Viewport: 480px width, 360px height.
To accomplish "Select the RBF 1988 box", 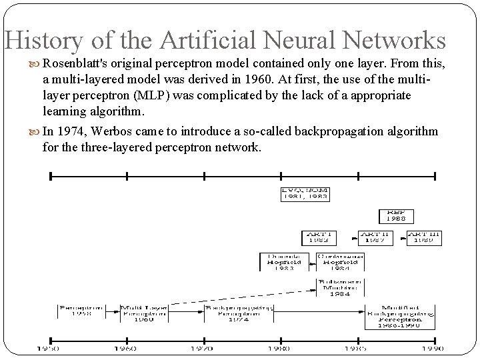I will pos(397,216).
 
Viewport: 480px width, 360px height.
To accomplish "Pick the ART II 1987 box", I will pos(375,237).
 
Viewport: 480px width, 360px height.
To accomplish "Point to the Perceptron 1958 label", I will pos(81,312).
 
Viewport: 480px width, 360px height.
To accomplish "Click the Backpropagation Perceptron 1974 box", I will pos(231,314).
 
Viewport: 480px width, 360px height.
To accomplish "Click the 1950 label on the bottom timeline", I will pos(47,348).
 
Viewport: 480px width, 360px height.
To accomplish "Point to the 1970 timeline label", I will pos(203,348).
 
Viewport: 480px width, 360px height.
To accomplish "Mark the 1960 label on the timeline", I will pos(125,348).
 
